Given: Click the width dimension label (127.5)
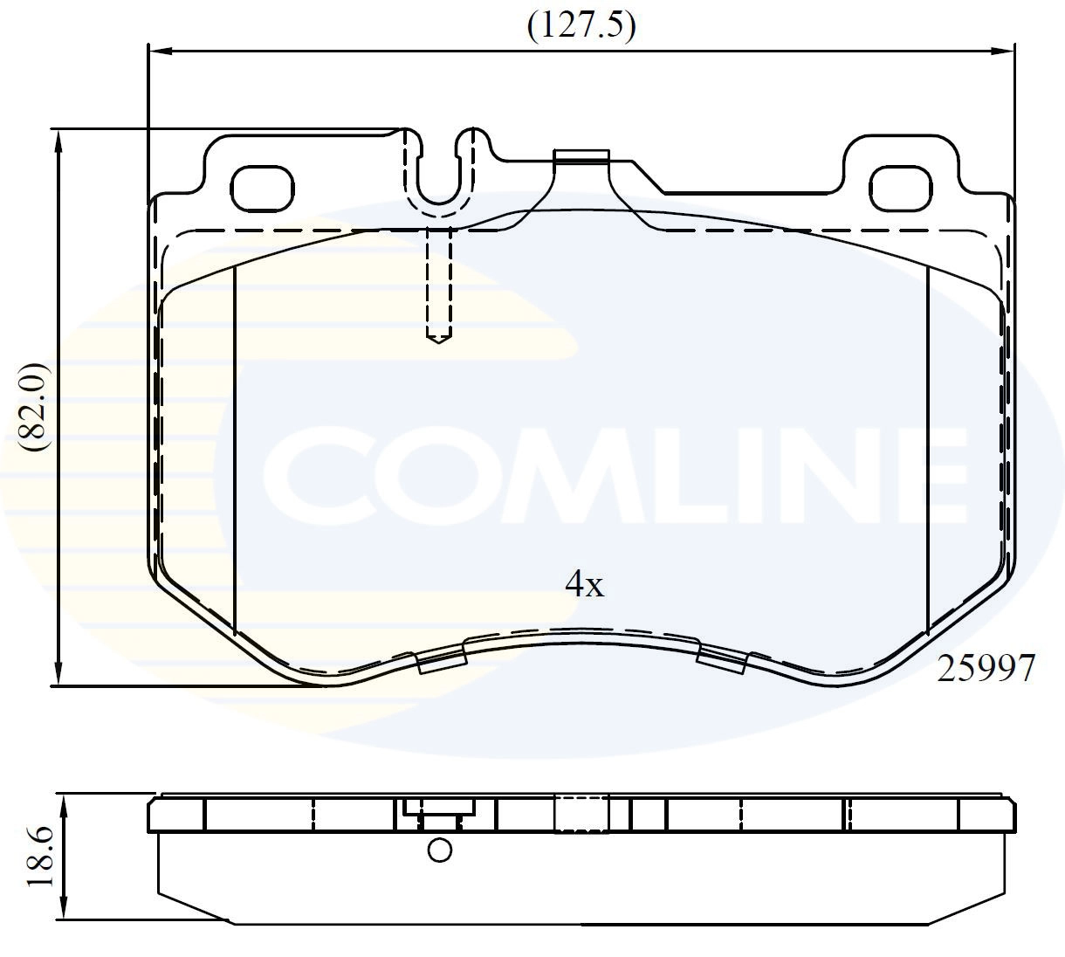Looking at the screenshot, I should [x=581, y=26].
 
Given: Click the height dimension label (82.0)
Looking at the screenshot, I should [x=38, y=407].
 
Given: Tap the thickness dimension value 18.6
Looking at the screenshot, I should [x=41, y=858].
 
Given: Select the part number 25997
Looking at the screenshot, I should [x=986, y=669].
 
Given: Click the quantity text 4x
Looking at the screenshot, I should [x=584, y=583].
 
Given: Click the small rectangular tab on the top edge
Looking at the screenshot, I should [x=581, y=156].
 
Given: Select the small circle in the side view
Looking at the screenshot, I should [x=440, y=850].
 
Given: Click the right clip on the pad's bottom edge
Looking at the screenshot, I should [x=721, y=661].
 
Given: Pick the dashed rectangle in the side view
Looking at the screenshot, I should [x=581, y=814].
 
